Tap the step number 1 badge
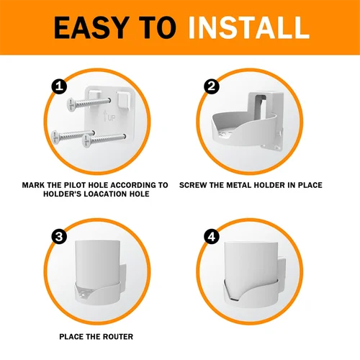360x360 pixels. point(60,87)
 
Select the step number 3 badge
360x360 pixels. point(60,237)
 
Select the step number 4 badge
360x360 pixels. point(212,237)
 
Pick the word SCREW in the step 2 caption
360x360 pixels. point(194,185)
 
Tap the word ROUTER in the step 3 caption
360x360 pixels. point(110,336)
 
